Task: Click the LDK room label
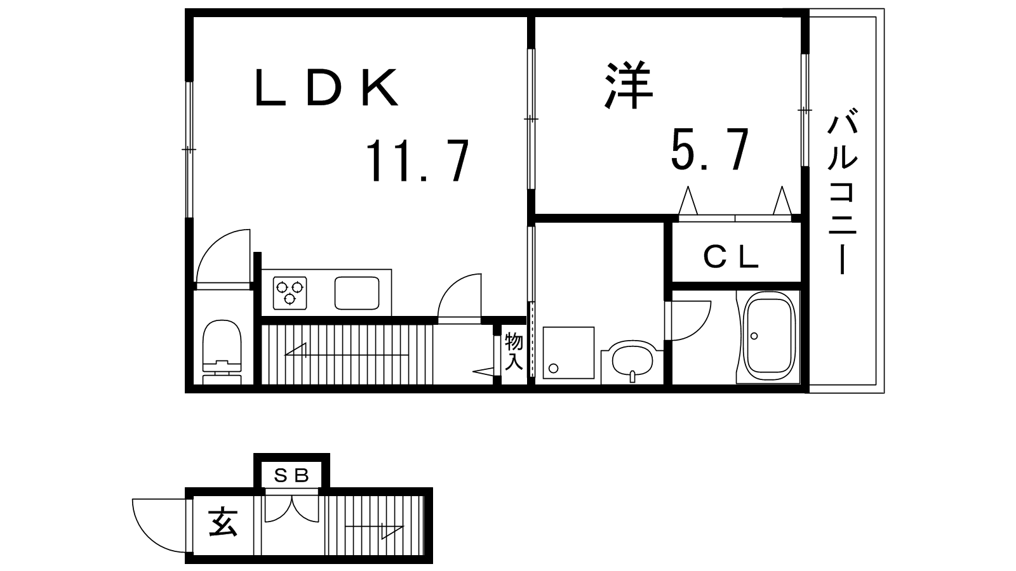[x=326, y=88]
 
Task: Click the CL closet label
[x=731, y=258]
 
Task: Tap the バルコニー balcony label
[x=842, y=191]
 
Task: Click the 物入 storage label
[x=514, y=351]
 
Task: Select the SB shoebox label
[x=291, y=475]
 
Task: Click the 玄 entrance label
[x=223, y=523]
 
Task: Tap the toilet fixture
[x=222, y=352]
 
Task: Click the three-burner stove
[x=290, y=292]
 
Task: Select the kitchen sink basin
[x=357, y=292]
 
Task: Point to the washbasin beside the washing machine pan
[x=632, y=362]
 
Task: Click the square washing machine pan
[x=568, y=353]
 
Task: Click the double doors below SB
[x=291, y=509]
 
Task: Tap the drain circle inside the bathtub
[x=754, y=336]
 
